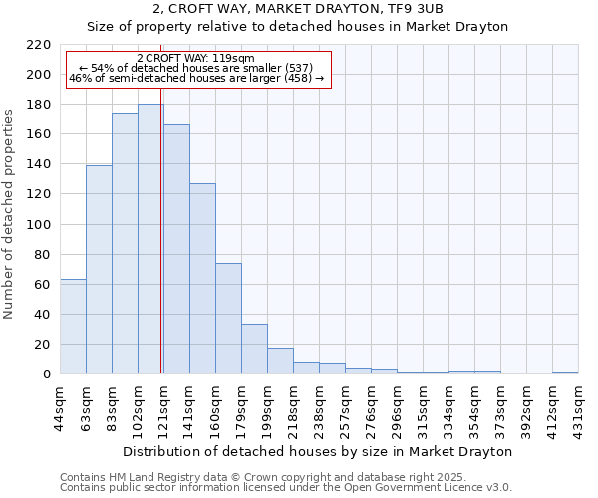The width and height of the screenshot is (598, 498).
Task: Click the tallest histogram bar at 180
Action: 150,239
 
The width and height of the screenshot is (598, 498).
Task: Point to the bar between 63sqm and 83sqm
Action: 99,269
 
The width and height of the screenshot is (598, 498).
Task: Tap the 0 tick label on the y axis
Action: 46,374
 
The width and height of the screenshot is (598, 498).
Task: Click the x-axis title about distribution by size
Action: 319,451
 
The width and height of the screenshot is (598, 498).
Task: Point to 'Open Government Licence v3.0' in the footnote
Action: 430,487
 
